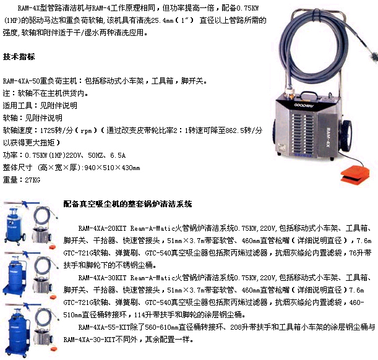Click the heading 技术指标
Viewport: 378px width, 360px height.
point(19,57)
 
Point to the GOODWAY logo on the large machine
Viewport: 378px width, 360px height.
point(304,105)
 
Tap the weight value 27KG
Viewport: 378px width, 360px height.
point(33,180)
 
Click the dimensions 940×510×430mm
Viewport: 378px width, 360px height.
point(113,168)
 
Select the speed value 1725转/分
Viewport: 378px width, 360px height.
point(56,131)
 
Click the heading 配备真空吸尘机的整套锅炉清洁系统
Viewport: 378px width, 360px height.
point(128,204)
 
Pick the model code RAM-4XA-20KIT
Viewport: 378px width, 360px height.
point(102,228)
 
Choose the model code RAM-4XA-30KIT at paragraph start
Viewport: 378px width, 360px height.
point(102,278)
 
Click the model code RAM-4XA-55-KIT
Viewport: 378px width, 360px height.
point(104,327)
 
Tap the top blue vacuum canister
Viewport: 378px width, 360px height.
point(15,225)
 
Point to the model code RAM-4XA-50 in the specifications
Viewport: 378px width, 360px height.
point(22,81)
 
